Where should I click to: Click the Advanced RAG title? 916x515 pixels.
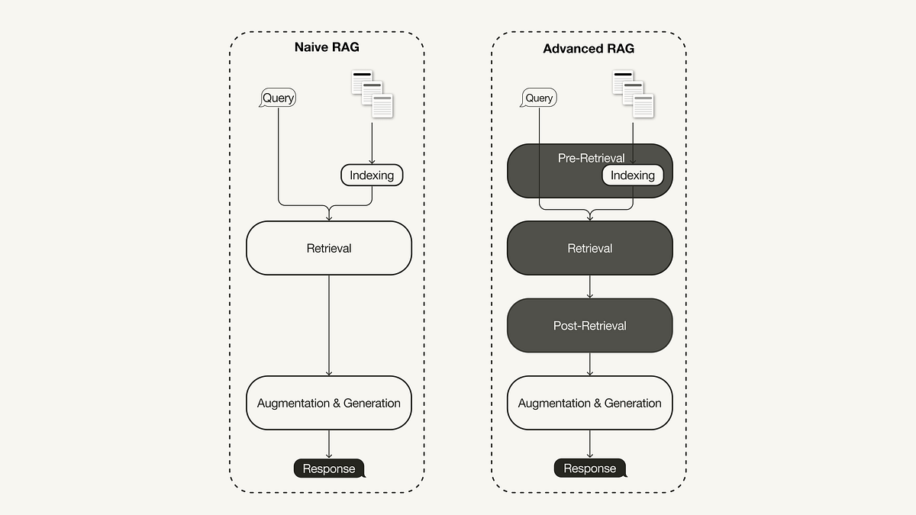pos(589,49)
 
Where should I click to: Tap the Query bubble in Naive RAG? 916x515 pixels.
pos(278,98)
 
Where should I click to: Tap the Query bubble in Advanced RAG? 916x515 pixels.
pos(539,98)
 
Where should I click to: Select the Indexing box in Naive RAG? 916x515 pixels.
pos(372,175)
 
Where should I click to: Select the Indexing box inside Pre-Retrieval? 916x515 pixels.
pos(633,175)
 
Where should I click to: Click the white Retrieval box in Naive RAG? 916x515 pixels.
pos(329,248)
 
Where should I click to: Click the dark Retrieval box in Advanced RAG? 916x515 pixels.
pos(589,248)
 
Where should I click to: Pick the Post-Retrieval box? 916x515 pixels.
pos(589,326)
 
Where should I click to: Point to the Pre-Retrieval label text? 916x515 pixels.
pos(591,158)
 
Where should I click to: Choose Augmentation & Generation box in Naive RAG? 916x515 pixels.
pos(329,403)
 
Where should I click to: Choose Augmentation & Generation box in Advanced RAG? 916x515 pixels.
pos(589,403)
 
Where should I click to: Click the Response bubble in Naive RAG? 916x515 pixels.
pos(329,468)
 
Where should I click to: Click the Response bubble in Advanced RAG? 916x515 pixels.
pos(589,468)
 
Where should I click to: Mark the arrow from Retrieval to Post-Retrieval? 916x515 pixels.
pos(590,287)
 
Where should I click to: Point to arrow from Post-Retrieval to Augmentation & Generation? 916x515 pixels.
pos(590,364)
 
